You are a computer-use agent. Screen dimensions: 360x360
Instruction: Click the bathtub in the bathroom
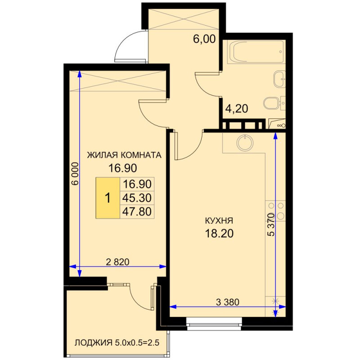[256, 52]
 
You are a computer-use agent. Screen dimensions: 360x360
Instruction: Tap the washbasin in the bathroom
[279, 79]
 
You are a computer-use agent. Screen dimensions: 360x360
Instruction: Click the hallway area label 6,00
[204, 39]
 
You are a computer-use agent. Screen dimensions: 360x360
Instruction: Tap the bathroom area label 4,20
[237, 108]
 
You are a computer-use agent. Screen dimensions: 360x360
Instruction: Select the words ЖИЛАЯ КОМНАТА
[124, 155]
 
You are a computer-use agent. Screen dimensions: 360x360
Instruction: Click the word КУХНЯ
[219, 221]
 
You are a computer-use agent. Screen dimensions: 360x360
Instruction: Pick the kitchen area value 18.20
[219, 234]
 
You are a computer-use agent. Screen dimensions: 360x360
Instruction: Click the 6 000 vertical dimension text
[75, 174]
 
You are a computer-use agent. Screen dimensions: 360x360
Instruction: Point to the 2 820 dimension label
[118, 262]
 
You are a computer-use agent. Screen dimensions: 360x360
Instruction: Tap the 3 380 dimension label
[228, 302]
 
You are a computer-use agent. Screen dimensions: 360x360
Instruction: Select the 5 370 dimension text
[271, 225]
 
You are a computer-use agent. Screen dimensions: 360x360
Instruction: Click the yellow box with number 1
[108, 198]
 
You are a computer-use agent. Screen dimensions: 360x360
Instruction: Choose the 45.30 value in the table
[137, 198]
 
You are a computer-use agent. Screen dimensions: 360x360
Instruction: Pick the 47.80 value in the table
[137, 211]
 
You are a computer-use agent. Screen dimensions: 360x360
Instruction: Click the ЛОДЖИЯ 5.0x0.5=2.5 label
[117, 343]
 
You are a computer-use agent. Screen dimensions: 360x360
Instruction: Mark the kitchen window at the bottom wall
[214, 324]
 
